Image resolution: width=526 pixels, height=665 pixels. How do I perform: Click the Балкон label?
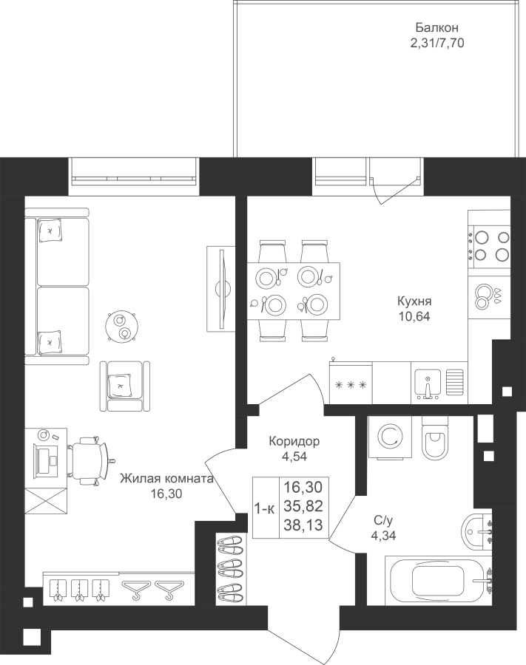click(x=436, y=28)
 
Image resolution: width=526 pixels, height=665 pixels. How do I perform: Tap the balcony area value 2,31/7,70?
click(x=436, y=43)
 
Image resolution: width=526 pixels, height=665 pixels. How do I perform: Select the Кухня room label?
click(x=414, y=301)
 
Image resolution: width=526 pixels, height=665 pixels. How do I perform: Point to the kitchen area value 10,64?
click(x=414, y=316)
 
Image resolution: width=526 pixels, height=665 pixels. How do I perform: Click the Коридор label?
click(x=294, y=442)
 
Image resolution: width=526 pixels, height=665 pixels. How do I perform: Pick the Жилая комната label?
click(x=166, y=479)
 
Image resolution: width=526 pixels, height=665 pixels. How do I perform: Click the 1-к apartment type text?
click(x=265, y=508)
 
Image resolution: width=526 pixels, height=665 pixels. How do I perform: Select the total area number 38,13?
click(x=303, y=525)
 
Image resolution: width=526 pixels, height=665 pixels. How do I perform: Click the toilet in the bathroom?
click(x=435, y=437)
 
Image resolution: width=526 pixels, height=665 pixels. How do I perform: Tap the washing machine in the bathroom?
click(x=390, y=437)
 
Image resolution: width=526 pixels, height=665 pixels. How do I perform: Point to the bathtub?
click(x=439, y=580)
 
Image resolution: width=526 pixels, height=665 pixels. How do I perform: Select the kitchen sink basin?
click(x=428, y=382)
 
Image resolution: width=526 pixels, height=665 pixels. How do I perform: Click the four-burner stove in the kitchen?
click(x=489, y=245)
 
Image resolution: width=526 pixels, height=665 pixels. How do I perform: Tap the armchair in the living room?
click(x=125, y=386)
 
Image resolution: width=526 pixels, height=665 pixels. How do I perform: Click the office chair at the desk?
click(x=90, y=460)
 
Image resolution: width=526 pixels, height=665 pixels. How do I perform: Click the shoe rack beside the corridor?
click(x=231, y=567)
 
